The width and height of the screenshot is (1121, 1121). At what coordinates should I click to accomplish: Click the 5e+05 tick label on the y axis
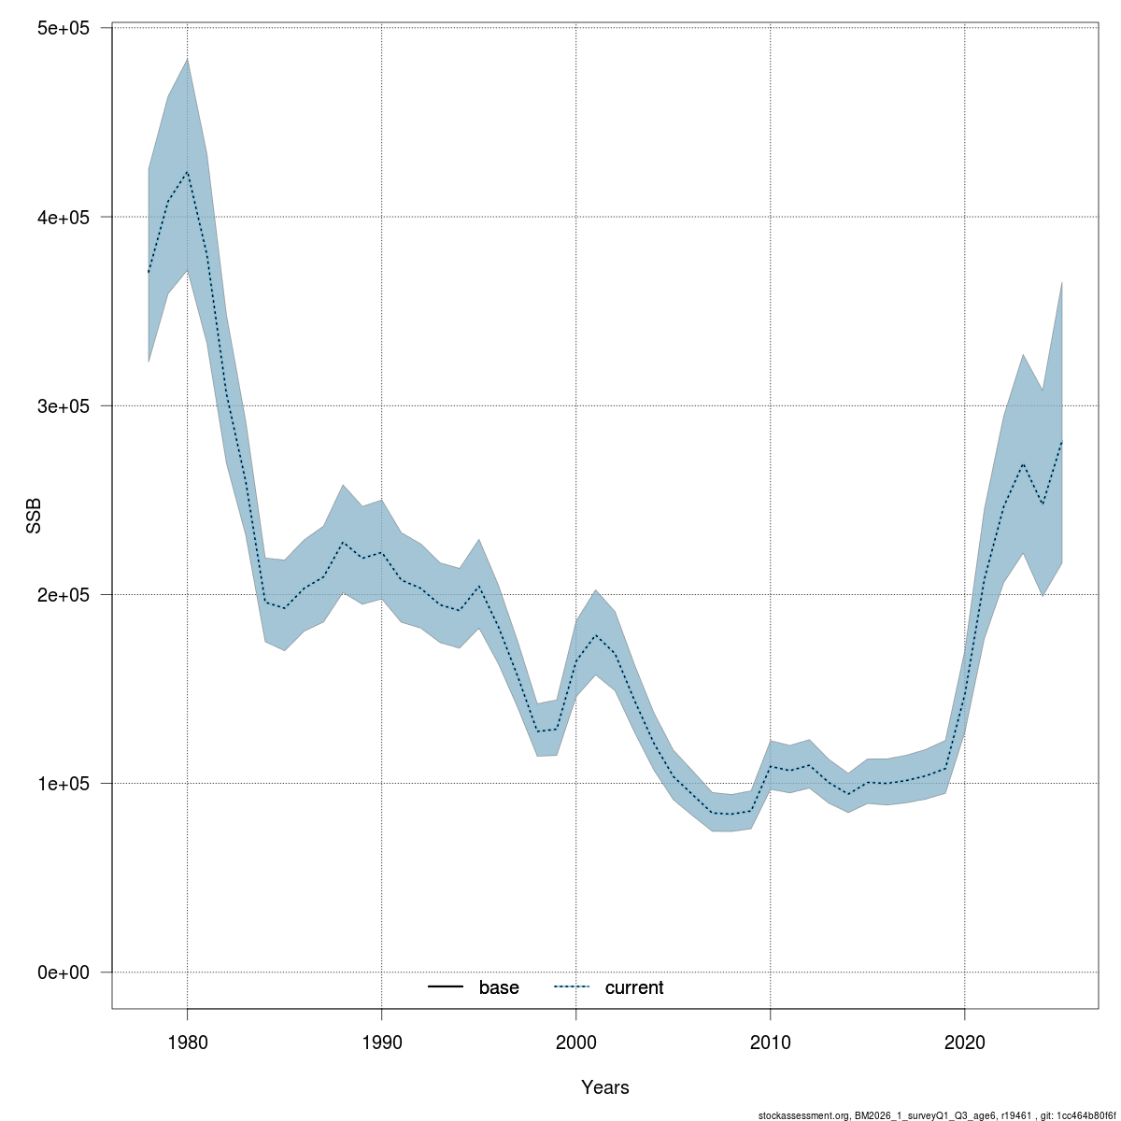[62, 28]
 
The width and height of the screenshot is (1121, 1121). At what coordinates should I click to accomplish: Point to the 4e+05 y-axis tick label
[62, 217]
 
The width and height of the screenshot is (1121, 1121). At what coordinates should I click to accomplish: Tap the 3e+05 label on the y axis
[62, 405]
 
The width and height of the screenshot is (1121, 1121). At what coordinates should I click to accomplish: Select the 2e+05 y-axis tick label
[62, 594]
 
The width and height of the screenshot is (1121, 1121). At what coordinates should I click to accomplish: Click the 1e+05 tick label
[62, 783]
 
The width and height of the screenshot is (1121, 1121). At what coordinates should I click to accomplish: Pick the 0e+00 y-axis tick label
[62, 972]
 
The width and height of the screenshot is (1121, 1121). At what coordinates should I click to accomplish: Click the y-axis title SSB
[35, 516]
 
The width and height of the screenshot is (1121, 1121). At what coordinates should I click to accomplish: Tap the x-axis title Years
[605, 1087]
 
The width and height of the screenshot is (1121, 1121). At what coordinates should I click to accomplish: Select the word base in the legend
[499, 987]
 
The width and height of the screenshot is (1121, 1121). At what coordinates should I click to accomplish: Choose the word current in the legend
[634, 987]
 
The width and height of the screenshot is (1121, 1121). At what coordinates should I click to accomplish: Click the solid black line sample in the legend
[447, 987]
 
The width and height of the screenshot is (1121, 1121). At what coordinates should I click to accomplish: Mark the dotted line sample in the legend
[573, 987]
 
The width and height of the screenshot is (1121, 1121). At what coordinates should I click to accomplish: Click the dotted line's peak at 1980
[187, 172]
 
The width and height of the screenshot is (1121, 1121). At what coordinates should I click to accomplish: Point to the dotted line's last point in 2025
[1061, 441]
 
